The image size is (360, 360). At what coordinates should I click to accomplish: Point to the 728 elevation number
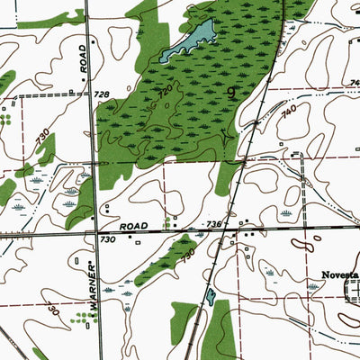[x=100, y=94]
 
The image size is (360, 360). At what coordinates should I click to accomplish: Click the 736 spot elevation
[x=213, y=222]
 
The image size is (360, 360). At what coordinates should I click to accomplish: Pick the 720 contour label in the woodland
[x=164, y=92]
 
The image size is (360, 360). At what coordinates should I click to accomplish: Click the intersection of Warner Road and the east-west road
[x=96, y=233]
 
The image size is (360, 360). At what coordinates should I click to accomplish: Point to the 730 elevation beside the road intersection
[x=108, y=240]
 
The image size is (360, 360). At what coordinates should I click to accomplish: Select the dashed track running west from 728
[x=54, y=94]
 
